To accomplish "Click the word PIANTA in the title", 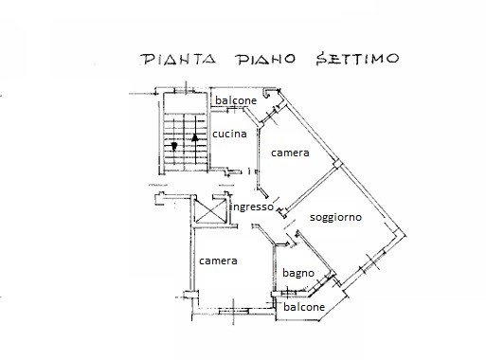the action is pos(178,59).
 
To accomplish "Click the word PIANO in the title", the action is pos(266,59).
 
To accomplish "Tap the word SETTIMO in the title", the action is pos(358,59).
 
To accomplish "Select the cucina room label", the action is pos(229,134).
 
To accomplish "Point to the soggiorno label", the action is pos(335,218).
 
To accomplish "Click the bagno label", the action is pos(298,273).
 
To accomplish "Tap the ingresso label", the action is pos(252,207).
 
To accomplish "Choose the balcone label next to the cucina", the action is pos(236,100).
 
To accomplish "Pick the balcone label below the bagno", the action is pos(304,307).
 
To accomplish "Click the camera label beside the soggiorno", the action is pos(290,153).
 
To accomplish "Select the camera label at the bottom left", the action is pos(218,261).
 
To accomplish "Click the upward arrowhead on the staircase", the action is pos(195,137).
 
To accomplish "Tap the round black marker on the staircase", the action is pos(173,146).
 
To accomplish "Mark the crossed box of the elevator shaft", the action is pos(209,211).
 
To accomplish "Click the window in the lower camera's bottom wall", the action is pos(234,311).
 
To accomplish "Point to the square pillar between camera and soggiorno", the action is pos(338,165).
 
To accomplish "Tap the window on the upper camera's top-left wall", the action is pos(272,115).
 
